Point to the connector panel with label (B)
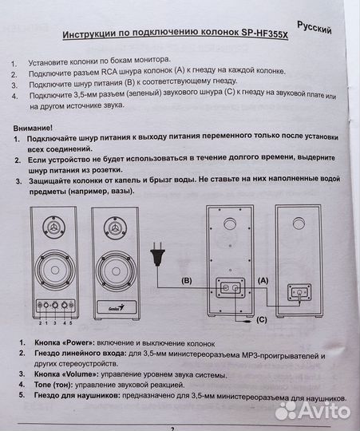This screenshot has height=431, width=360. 228,289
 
